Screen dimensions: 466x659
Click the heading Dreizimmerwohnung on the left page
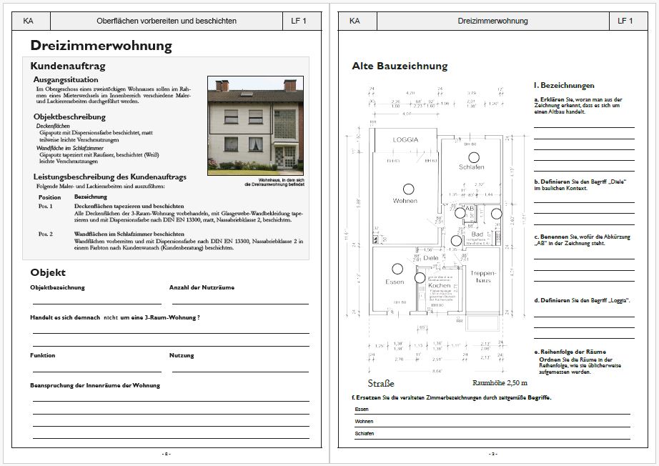click(x=101, y=46)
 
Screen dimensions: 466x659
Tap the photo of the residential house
click(x=256, y=126)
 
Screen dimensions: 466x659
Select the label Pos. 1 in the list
click(x=46, y=205)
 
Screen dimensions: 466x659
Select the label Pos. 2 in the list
click(x=46, y=234)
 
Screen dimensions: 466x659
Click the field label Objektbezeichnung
click(x=57, y=287)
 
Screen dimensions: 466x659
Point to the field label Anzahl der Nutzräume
click(x=202, y=287)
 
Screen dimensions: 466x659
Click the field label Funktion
click(x=42, y=355)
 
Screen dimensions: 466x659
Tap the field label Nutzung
click(x=182, y=355)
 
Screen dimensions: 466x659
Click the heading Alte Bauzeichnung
click(x=400, y=66)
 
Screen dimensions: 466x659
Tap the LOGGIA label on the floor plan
click(x=405, y=139)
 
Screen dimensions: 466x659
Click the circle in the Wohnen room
click(x=408, y=189)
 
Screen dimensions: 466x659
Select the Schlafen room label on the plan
click(x=472, y=167)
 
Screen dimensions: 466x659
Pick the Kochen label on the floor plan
click(x=440, y=285)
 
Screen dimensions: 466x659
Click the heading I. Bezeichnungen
click(x=564, y=85)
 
